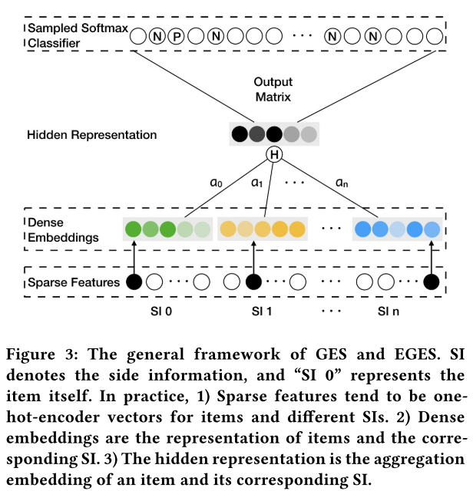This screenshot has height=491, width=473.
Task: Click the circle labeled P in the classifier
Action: (177, 35)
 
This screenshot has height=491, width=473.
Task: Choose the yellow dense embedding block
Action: (263, 228)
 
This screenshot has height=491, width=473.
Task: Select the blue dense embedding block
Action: (397, 228)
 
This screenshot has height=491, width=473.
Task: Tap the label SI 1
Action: (261, 313)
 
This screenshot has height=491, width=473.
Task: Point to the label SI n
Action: (389, 313)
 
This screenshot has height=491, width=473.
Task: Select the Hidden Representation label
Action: (92, 135)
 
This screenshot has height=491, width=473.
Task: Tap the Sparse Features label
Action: (74, 282)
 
